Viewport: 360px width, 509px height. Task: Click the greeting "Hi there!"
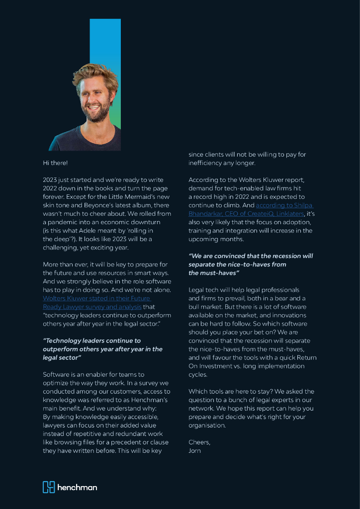pyautogui.click(x=55, y=163)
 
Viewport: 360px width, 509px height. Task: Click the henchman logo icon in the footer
pyautogui.click(x=48, y=487)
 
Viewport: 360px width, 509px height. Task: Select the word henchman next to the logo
pyautogui.click(x=77, y=487)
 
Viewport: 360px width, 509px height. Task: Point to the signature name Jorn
pyautogui.click(x=194, y=451)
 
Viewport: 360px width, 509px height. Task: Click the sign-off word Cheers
pyautogui.click(x=199, y=442)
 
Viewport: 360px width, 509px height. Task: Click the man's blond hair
pyautogui.click(x=94, y=74)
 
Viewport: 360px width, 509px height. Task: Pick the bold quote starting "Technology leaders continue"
pyautogui.click(x=102, y=349)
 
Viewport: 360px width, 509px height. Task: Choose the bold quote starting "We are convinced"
pyautogui.click(x=251, y=264)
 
